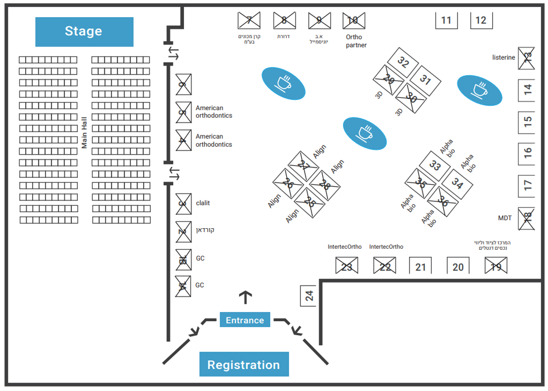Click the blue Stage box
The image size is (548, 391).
tap(84, 32)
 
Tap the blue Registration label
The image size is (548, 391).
tap(244, 365)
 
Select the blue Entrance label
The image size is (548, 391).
tap(245, 320)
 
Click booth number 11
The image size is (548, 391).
tap(446, 20)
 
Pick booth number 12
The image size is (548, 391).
tap(481, 20)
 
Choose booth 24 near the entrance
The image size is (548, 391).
tap(309, 295)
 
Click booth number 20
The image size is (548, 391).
tap(458, 266)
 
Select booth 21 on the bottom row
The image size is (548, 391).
tap(420, 266)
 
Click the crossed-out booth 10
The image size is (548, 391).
tap(353, 20)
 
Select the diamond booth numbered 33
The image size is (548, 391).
tap(435, 166)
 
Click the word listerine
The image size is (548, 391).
tap(503, 57)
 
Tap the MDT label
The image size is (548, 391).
tap(505, 218)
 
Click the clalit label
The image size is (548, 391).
tap(203, 203)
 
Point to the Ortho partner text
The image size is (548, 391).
tap(356, 41)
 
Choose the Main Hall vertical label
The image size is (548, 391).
tap(84, 132)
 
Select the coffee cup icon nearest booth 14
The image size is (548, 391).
tap(479, 90)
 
